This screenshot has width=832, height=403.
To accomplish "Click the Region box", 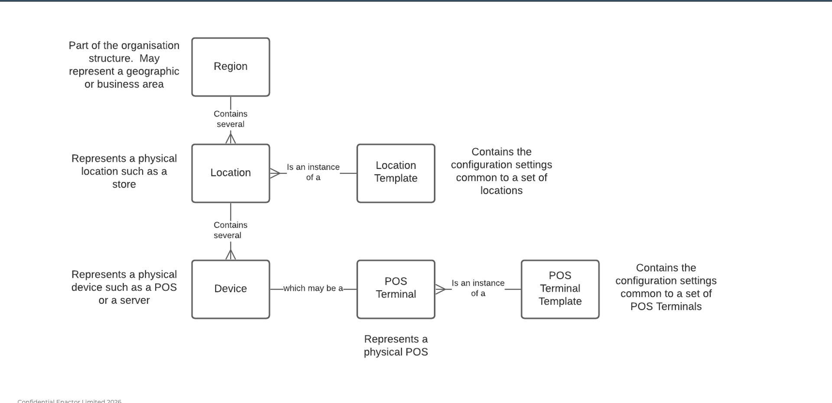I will (231, 67).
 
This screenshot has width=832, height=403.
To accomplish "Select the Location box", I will (231, 173).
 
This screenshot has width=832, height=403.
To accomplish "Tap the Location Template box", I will (396, 173).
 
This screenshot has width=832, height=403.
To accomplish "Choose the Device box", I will (231, 289).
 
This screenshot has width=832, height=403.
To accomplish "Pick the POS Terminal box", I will (396, 289).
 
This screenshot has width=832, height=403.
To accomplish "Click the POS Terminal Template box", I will (560, 289).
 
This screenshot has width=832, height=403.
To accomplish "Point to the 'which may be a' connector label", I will (313, 289).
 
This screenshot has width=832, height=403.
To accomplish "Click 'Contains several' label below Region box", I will (231, 119).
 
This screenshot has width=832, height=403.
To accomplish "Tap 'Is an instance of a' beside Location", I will (313, 172).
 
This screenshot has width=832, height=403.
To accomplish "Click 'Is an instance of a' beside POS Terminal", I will (478, 288).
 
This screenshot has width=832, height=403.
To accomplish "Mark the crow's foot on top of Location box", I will (231, 139).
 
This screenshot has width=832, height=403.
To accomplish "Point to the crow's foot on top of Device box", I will (231, 255).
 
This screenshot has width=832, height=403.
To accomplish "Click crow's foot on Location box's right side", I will (275, 173).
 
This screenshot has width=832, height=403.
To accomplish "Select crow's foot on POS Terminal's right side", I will (440, 289).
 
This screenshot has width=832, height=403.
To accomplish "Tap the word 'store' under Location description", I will (124, 185).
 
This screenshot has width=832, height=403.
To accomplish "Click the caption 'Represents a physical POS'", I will (396, 345).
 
